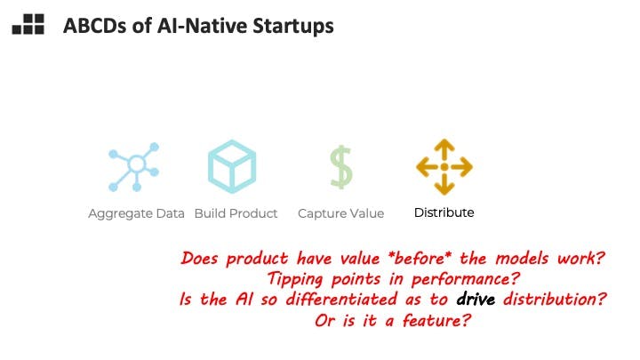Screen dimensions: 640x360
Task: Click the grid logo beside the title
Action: tap(28, 24)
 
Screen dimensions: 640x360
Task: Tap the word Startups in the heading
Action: tap(293, 27)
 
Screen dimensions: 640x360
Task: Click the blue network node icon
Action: tap(134, 167)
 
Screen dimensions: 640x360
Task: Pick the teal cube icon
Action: tap(232, 166)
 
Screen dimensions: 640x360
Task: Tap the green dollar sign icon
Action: tap(341, 167)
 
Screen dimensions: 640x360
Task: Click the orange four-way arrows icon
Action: tap(444, 167)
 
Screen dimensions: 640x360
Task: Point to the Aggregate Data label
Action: tap(136, 213)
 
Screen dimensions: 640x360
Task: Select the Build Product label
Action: tap(236, 213)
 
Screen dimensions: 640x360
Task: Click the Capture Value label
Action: tap(340, 213)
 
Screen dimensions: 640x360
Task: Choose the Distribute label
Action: tap(444, 212)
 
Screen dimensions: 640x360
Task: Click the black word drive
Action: tap(476, 300)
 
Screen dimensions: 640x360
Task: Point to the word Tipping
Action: tap(295, 280)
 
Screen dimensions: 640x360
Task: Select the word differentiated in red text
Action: tap(341, 300)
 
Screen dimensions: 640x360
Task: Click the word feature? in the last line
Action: tap(437, 320)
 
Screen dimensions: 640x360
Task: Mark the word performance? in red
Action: tap(465, 280)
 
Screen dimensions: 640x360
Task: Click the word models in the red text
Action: tap(522, 259)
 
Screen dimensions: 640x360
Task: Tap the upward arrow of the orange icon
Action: tap(444, 149)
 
